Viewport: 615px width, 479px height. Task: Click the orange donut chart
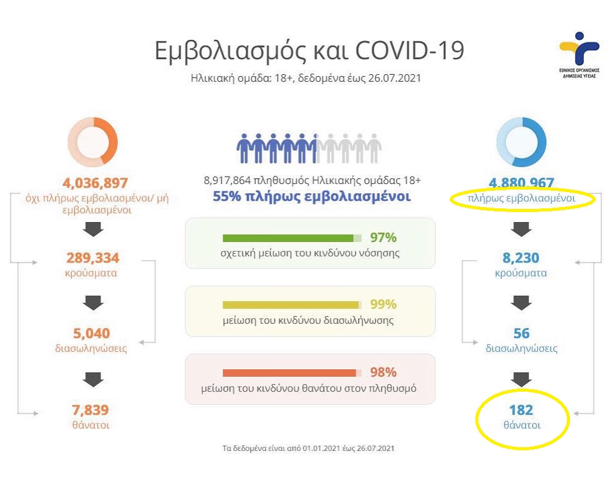92,143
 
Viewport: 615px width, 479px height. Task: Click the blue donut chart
521,143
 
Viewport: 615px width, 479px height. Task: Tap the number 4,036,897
95,183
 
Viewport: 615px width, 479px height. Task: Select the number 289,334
92,258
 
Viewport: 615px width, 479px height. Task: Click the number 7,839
91,410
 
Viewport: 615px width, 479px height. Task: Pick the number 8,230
521,258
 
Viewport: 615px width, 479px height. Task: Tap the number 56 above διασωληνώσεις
521,334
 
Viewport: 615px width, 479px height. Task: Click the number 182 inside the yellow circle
521,410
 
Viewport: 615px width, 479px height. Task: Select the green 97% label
383,238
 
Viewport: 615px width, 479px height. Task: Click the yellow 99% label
383,305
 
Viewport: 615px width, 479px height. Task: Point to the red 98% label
383,372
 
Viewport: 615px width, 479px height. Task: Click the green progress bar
288,238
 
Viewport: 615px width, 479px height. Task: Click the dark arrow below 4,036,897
92,230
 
